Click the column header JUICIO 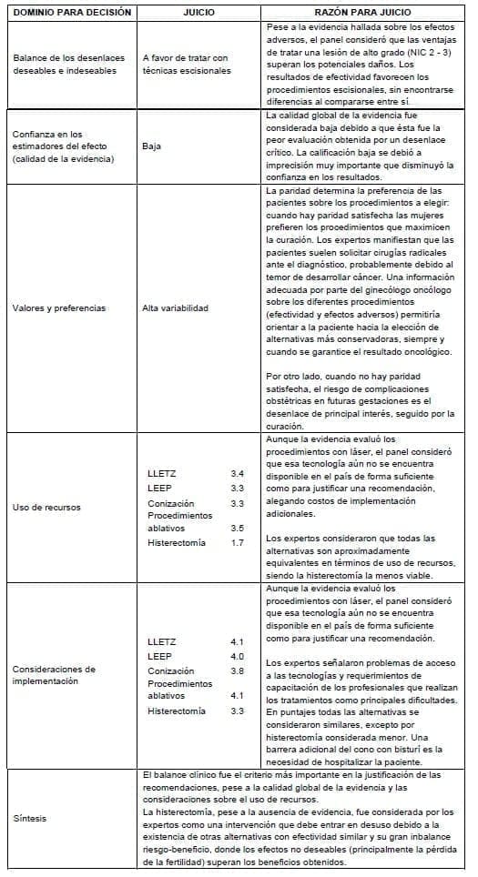click(x=198, y=13)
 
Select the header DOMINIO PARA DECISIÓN click(x=72, y=13)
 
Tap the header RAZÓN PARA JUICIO click(x=363, y=13)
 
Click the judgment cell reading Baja click(x=152, y=145)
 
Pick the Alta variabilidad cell click(x=176, y=307)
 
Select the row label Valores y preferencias click(x=59, y=307)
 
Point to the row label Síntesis click(x=30, y=818)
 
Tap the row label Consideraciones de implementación click(x=55, y=675)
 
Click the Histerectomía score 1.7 click(x=237, y=543)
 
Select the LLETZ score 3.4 click(x=237, y=474)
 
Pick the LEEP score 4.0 click(x=237, y=656)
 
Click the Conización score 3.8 click(x=237, y=670)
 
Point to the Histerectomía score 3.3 click(x=237, y=711)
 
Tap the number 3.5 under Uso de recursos click(x=237, y=528)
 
